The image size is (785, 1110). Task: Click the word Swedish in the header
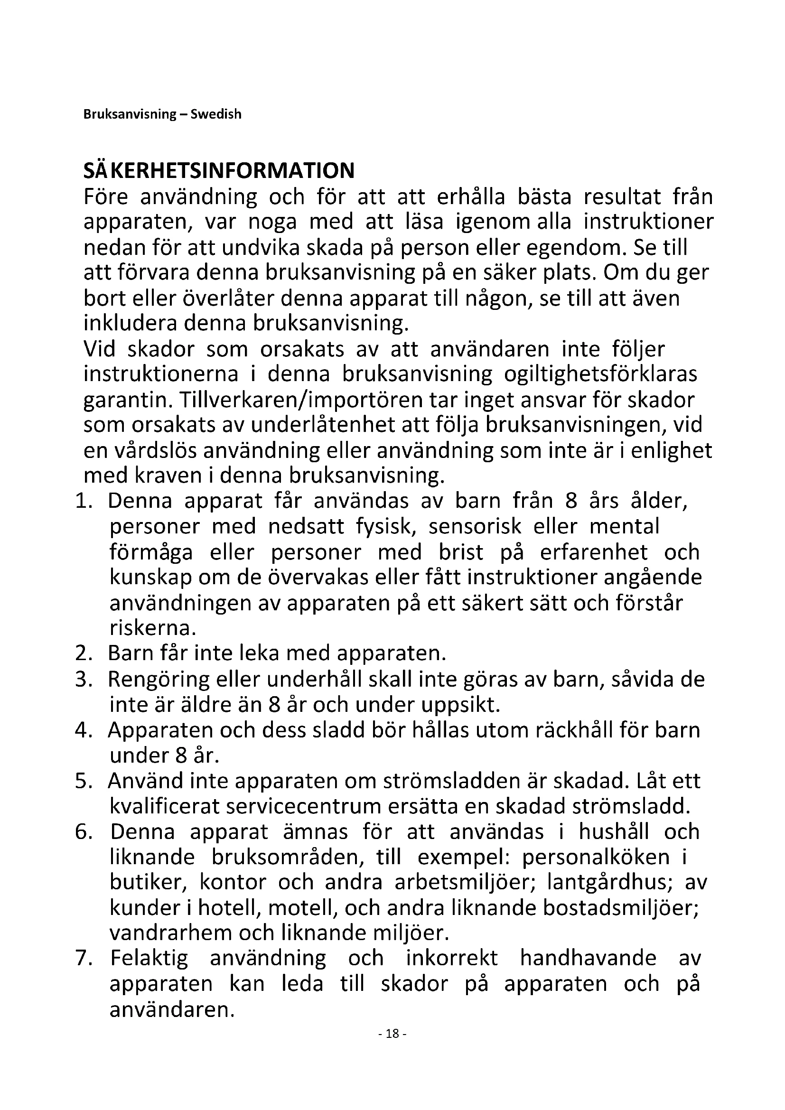point(215,114)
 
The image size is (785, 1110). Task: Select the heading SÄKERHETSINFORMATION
point(219,171)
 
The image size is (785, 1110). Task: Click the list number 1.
point(83,501)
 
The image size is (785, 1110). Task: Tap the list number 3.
point(83,679)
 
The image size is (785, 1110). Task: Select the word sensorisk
point(475,526)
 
